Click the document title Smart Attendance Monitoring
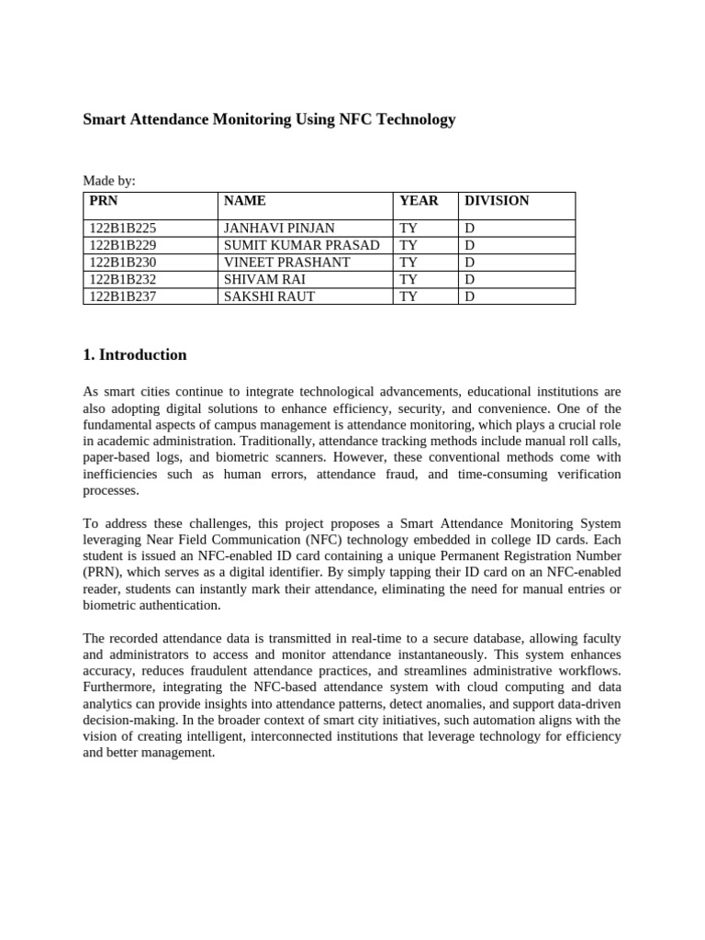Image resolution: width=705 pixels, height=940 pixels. coord(269,119)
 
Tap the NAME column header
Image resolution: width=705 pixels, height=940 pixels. coord(245,201)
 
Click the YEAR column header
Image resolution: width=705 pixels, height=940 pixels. coord(419,201)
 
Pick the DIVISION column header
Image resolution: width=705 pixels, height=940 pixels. coord(497,201)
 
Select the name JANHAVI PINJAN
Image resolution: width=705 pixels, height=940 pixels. coord(279,229)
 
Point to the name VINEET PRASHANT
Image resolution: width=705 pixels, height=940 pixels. coord(286,262)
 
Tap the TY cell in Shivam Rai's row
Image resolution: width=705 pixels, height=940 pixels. coord(408,278)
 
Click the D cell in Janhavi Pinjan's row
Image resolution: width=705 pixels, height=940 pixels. coord(470,229)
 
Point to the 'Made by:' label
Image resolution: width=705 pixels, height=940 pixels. coord(109,182)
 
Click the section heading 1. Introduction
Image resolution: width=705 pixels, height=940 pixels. coord(135,355)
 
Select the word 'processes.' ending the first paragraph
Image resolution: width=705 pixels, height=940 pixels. coord(111,491)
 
